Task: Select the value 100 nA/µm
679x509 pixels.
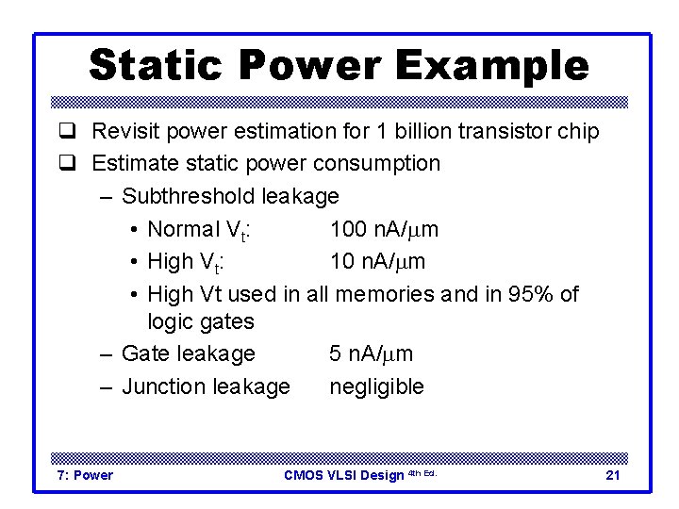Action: [384, 229]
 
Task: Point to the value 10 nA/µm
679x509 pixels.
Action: [377, 261]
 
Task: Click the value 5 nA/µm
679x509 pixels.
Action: [371, 354]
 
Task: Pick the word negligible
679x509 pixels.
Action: [376, 386]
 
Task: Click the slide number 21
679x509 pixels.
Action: [612, 475]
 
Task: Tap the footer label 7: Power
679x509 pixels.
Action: [85, 475]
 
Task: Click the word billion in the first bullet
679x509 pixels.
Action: [422, 131]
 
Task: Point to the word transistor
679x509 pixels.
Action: [503, 131]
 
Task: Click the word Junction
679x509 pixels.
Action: [160, 386]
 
